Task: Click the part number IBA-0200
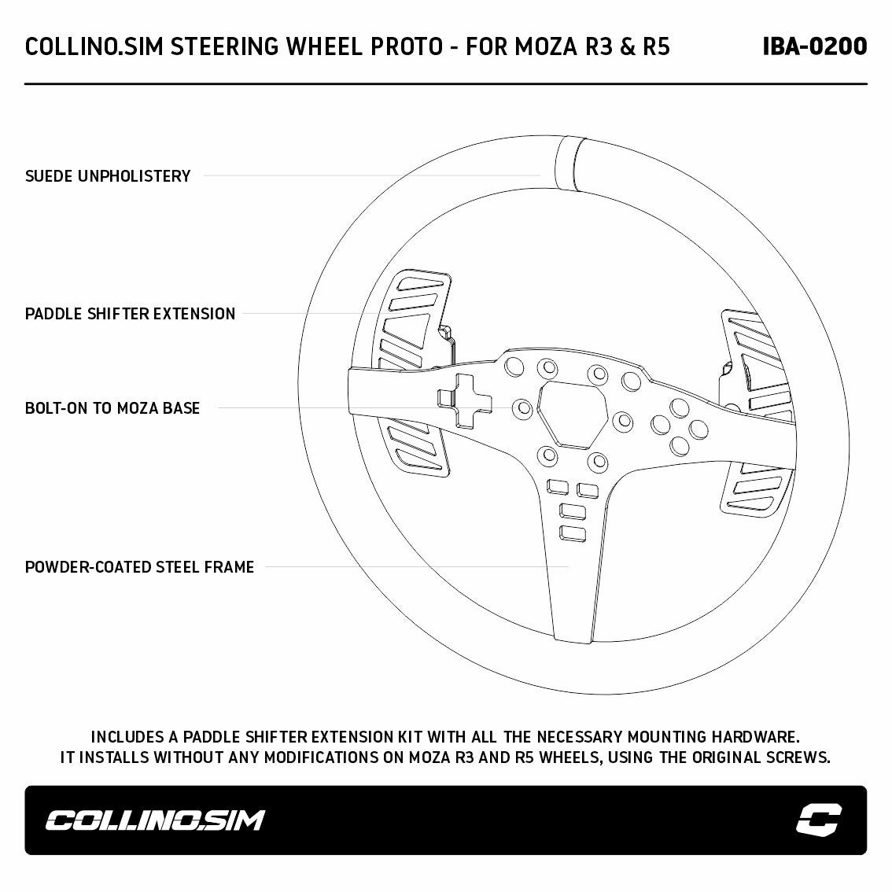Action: coord(815,46)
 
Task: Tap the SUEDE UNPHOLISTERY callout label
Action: coord(108,176)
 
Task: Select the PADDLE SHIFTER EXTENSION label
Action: coord(131,313)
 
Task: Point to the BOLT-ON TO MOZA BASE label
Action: coord(112,408)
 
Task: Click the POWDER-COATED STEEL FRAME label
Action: coord(139,566)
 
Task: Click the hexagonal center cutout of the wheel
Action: coord(573,415)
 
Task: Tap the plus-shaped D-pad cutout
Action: coord(465,401)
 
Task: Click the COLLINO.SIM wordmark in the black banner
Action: coord(155,820)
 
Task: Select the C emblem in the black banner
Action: coord(819,820)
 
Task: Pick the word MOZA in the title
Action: coord(546,46)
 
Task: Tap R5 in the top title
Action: coord(657,46)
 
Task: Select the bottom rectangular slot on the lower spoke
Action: coord(573,533)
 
